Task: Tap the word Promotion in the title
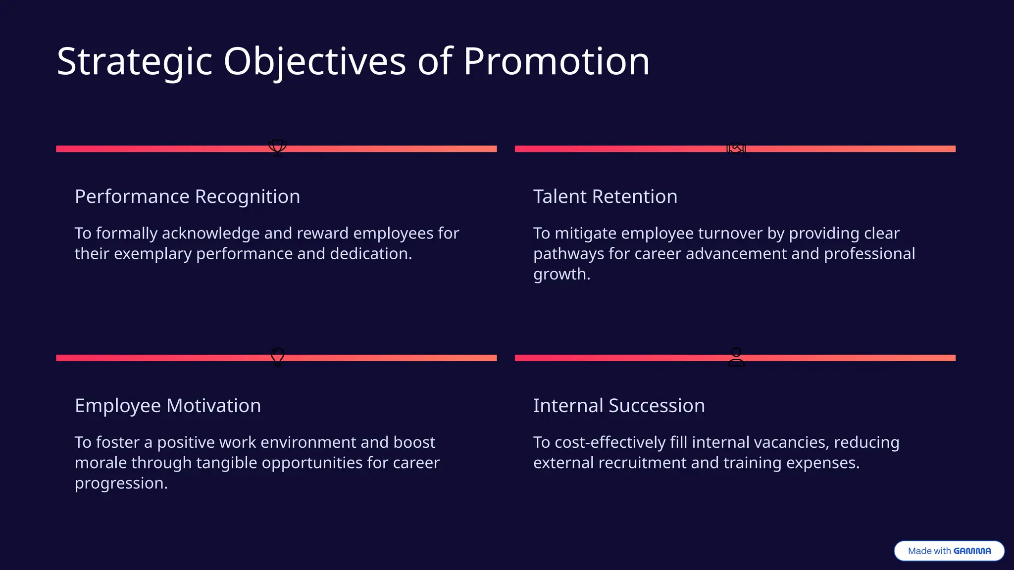(556, 62)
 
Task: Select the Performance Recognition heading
(187, 196)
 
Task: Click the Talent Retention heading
(605, 196)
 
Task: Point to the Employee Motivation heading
(168, 406)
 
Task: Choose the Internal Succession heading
(619, 406)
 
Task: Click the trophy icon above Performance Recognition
(277, 147)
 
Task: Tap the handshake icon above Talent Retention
(736, 148)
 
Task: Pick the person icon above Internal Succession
(736, 357)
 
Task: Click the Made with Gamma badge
(949, 551)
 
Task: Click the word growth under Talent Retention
(561, 274)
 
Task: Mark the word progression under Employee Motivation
(121, 483)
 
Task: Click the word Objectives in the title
(315, 62)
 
